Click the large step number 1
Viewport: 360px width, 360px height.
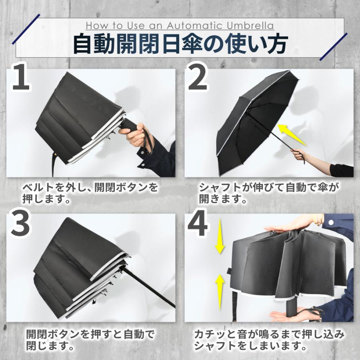click(21, 77)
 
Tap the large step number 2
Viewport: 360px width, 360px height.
click(198, 77)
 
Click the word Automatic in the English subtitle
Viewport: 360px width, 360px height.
click(195, 26)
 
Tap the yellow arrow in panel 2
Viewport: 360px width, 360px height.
click(292, 135)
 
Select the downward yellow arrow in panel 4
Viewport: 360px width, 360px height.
click(220, 236)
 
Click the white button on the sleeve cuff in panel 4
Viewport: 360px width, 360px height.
click(331, 222)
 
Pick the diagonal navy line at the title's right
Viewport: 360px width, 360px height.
click(333, 47)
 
